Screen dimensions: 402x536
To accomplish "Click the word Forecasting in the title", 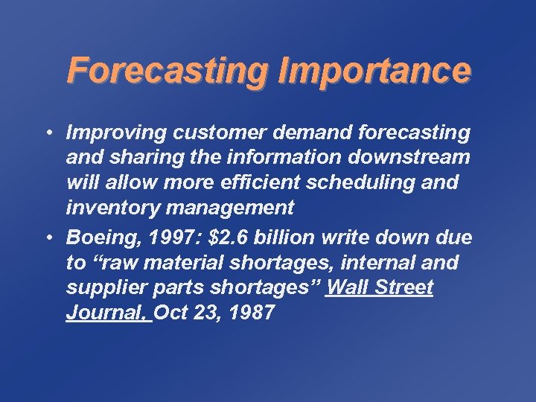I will [x=169, y=71].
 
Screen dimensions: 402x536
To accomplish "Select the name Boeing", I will [x=95, y=238].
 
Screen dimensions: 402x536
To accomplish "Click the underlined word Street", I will [x=403, y=288].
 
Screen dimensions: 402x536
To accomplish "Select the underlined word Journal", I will [x=106, y=313].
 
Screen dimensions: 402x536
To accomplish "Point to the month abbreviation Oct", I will [x=171, y=313].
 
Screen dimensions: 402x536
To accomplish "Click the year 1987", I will [x=252, y=313].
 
